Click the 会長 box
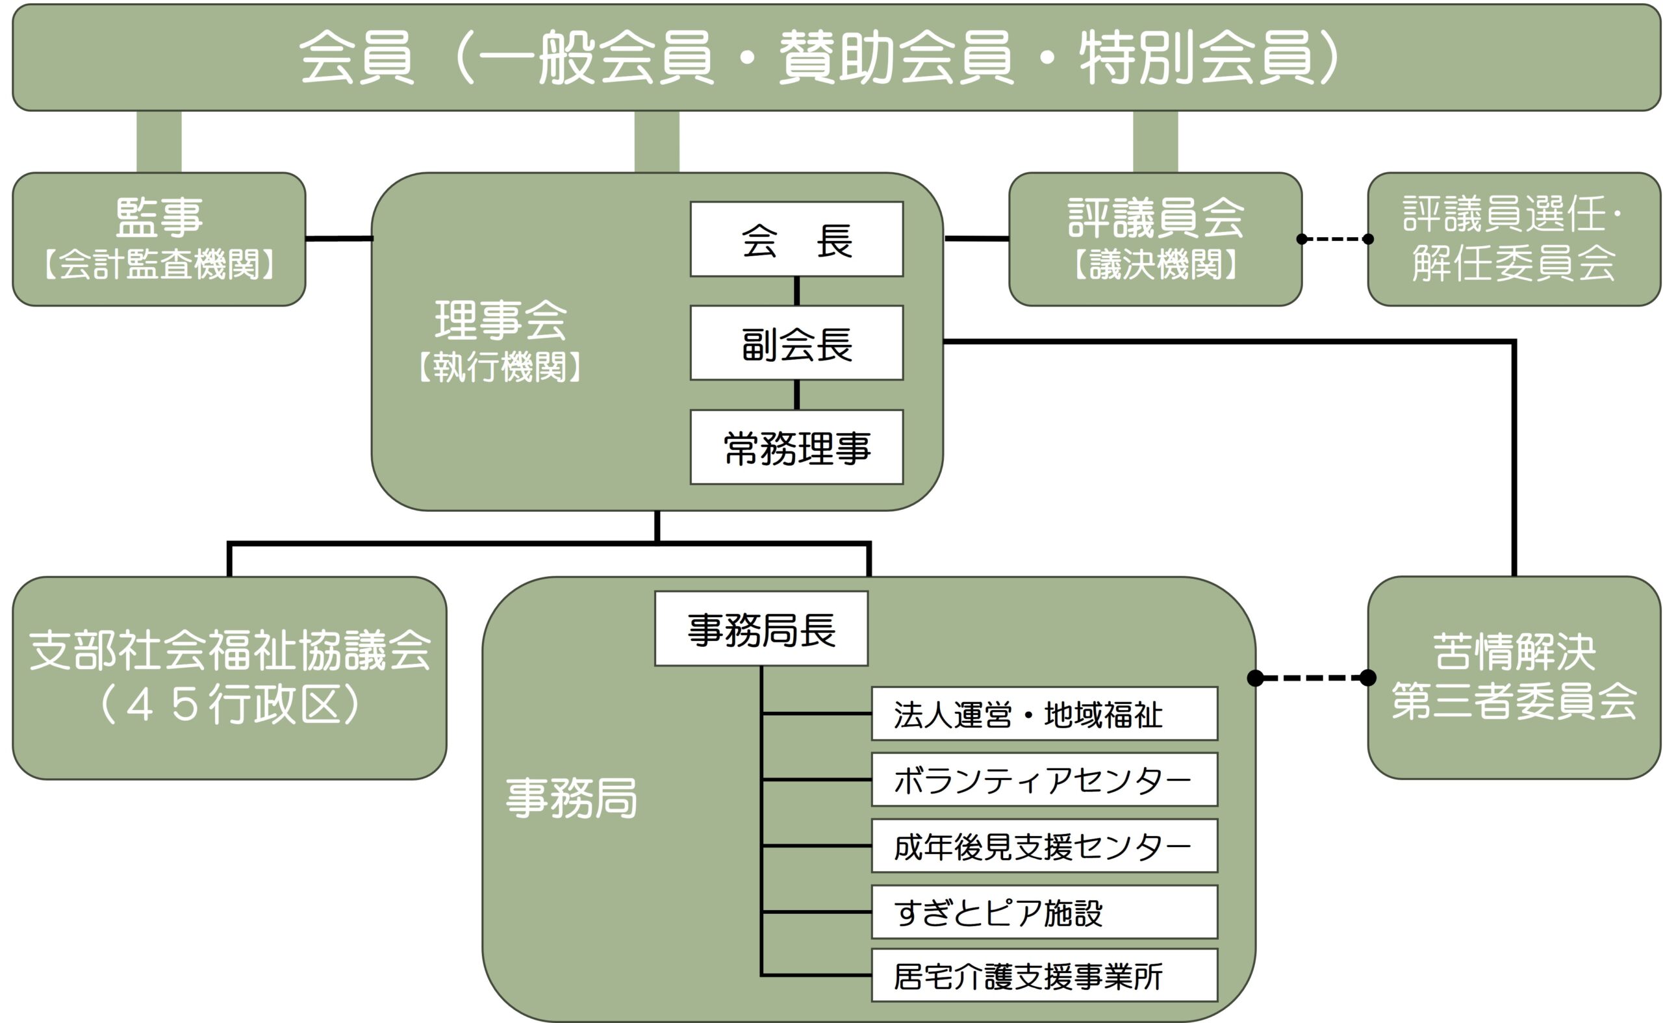(796, 239)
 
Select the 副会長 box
(796, 343)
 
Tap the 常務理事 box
(796, 448)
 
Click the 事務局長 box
(761, 629)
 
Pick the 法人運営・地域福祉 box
(1044, 714)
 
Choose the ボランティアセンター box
(1044, 779)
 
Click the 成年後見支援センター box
(1044, 846)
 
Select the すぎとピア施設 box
(1044, 912)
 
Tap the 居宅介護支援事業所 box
(1044, 976)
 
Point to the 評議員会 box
(1155, 239)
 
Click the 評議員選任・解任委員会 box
(1514, 239)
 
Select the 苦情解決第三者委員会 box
(1514, 677)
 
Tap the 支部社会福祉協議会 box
(229, 677)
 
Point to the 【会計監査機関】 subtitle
(159, 264)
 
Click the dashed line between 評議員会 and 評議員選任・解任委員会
(1335, 239)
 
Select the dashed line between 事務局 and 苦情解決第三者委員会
(1311, 677)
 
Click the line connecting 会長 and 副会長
(796, 291)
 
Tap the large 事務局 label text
(572, 798)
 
